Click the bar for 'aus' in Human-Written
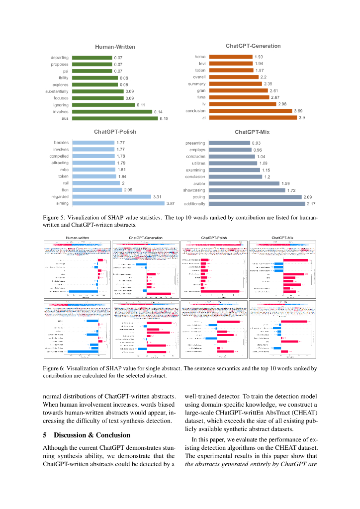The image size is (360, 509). click(x=115, y=118)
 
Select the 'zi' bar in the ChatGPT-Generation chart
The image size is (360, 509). click(x=253, y=117)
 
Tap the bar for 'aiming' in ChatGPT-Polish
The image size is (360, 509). click(x=118, y=203)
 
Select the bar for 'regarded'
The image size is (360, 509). click(x=111, y=196)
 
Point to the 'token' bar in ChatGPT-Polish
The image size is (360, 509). click(x=94, y=176)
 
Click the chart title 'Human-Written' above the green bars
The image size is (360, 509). click(x=115, y=47)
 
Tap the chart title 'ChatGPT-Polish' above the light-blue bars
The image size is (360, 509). click(x=115, y=132)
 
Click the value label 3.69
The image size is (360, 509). click(x=298, y=111)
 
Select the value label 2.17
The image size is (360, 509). click(x=311, y=204)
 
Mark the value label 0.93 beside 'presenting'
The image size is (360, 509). click(x=256, y=143)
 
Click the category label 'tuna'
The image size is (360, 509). click(x=201, y=97)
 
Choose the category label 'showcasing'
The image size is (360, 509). click(x=194, y=190)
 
